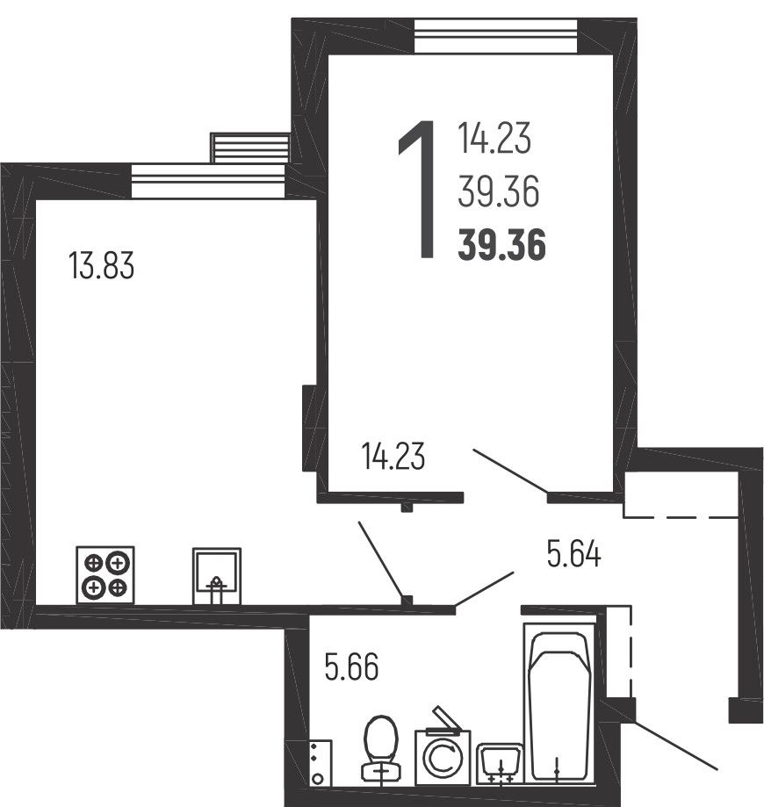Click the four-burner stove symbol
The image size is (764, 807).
pyautogui.click(x=105, y=575)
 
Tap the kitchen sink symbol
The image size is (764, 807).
pyautogui.click(x=217, y=576)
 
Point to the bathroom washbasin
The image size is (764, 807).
pyautogui.click(x=500, y=764)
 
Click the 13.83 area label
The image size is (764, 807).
pyautogui.click(x=101, y=265)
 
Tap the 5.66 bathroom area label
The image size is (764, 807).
pyautogui.click(x=351, y=666)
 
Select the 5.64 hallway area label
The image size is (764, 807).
pyautogui.click(x=573, y=554)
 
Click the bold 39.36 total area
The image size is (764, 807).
pyautogui.click(x=502, y=246)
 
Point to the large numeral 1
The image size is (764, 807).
pyautogui.click(x=418, y=190)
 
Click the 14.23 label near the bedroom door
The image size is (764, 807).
pyautogui.click(x=393, y=456)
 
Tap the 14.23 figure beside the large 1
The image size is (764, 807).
pyautogui.click(x=494, y=138)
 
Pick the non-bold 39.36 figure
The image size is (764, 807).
pyautogui.click(x=498, y=191)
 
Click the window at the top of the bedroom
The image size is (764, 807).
pyautogui.click(x=495, y=35)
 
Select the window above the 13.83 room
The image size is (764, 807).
pyautogui.click(x=208, y=181)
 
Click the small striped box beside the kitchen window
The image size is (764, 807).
pyautogui.click(x=250, y=148)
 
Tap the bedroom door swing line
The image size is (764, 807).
pyautogui.click(x=510, y=471)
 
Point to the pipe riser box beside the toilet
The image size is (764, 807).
pyautogui.click(x=321, y=763)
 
